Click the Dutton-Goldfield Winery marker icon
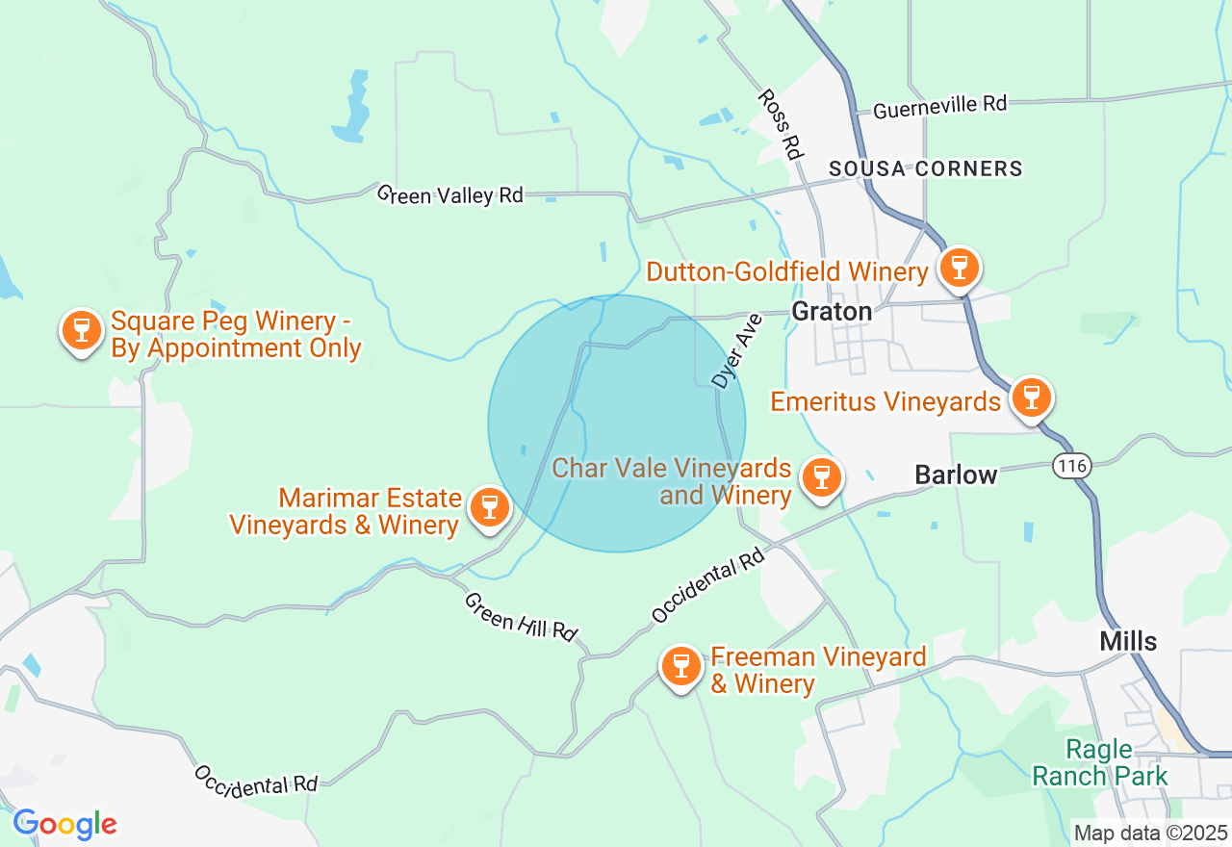[x=959, y=269]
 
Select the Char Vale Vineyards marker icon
[x=821, y=476]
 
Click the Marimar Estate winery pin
[x=489, y=507]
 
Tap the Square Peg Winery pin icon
[x=82, y=330]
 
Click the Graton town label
[x=832, y=311]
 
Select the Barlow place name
[x=956, y=475]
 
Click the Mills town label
[x=1128, y=641]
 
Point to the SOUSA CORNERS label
[x=925, y=168]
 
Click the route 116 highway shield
[x=1071, y=466]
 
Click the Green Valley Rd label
[x=449, y=194]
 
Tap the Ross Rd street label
[x=781, y=124]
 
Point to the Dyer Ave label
[x=736, y=350]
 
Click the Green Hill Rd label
[x=520, y=617]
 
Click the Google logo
[x=64, y=824]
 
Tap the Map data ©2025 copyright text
[x=1150, y=832]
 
